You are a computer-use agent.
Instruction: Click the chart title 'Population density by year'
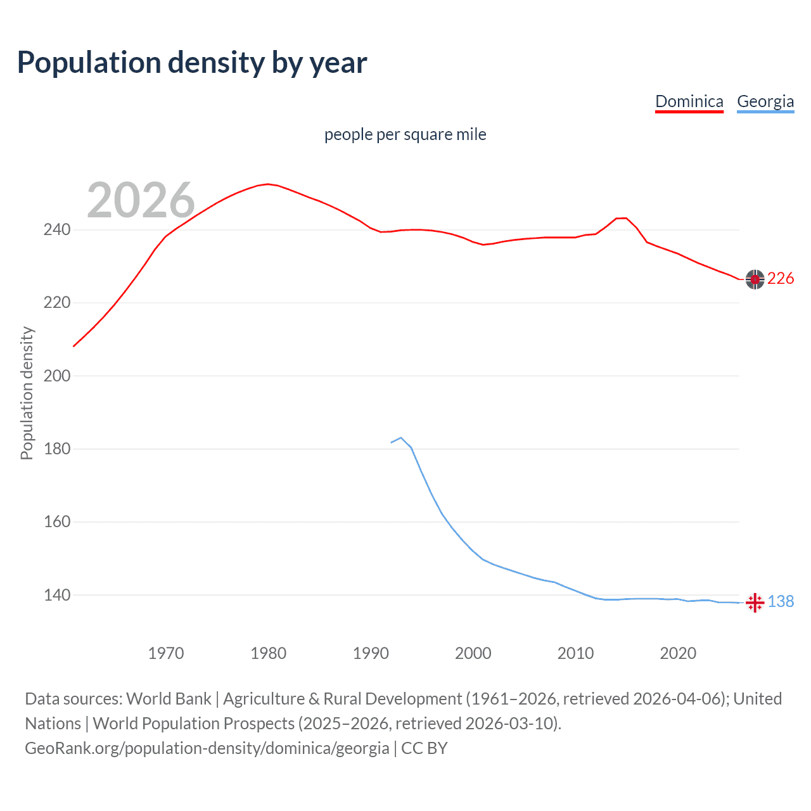coord(192,63)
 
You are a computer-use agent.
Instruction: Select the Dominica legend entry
coord(689,101)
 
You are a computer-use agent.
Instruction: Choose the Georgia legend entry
coord(765,101)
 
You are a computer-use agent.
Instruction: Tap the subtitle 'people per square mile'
coord(405,134)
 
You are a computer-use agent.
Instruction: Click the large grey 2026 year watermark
coord(141,200)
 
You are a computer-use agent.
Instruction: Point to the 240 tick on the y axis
coord(56,229)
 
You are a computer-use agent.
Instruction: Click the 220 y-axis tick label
coord(56,303)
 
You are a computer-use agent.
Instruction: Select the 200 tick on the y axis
coord(56,376)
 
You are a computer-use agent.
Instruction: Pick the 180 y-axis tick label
coord(56,449)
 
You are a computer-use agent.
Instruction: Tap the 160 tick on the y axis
coord(56,522)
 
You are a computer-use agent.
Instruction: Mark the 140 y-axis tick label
coord(56,595)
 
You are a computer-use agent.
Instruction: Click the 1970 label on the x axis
coord(166,653)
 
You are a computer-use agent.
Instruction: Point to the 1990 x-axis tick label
coord(371,653)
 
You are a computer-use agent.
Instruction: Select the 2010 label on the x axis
coord(575,653)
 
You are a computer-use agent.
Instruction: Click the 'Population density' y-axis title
coord(27,393)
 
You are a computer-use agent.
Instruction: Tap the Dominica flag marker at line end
coord(755,279)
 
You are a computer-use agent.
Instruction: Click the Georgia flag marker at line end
coord(755,603)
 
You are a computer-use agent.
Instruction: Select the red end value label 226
coord(781,279)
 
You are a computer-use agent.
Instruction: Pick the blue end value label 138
coord(781,602)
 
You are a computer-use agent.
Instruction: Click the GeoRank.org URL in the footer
coord(207,748)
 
